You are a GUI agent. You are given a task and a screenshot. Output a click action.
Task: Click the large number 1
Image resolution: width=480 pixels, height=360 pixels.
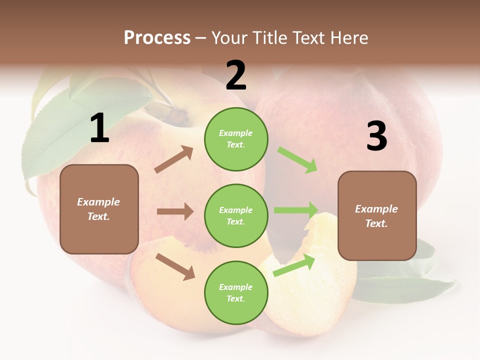click(99, 129)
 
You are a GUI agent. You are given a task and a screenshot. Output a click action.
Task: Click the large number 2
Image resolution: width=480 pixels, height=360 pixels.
click(236, 76)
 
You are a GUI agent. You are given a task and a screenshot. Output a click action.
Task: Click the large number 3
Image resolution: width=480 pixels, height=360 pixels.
click(376, 136)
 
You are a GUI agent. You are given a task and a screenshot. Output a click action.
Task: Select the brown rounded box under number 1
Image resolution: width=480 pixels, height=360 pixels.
click(99, 209)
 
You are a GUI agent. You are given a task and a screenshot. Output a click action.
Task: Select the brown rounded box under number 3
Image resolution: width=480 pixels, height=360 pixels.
click(377, 216)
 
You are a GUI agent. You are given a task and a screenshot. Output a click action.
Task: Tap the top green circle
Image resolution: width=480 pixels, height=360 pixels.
click(236, 138)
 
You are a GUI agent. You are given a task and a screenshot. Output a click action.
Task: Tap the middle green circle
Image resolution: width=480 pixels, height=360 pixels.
click(236, 215)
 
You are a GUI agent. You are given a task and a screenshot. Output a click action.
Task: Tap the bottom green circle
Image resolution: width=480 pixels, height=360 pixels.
click(236, 292)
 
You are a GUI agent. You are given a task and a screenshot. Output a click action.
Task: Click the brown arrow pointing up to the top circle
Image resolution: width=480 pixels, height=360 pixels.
click(174, 159)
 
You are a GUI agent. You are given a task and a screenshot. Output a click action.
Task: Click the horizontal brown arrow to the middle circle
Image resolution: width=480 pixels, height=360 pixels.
click(175, 211)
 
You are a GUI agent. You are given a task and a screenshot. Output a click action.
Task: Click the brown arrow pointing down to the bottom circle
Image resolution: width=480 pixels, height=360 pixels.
click(175, 266)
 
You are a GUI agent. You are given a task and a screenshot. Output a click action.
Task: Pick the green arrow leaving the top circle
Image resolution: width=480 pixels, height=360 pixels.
click(297, 160)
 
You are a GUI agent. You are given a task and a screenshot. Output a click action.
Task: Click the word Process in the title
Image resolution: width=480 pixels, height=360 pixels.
click(157, 37)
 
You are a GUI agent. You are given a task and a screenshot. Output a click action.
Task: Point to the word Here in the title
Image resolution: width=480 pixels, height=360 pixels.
click(349, 37)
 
